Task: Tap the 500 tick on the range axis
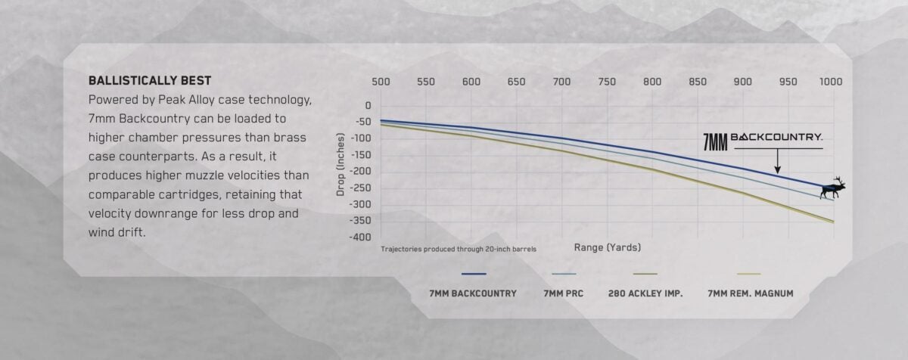pos(381,82)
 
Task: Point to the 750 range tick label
pos(607,82)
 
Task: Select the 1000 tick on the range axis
pos(831,82)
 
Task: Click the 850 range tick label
pos(697,82)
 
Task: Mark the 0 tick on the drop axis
pos(368,105)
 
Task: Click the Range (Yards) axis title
pos(607,247)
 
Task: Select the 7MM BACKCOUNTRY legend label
pos(473,293)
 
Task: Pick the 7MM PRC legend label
pos(564,293)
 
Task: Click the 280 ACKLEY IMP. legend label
pos(645,293)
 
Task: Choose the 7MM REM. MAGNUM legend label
pos(750,293)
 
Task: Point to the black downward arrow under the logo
pos(777,160)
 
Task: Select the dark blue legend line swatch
pos(473,274)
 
